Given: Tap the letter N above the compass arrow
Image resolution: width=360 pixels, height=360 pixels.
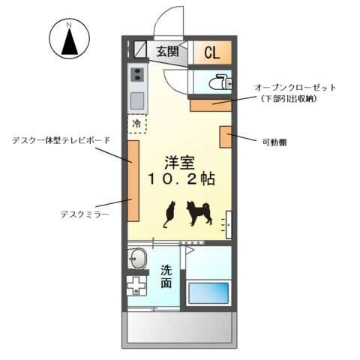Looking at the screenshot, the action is tap(69, 25).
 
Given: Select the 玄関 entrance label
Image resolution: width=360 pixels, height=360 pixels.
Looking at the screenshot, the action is tap(168, 52).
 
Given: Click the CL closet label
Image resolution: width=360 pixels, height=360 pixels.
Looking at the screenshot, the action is tap(212, 52).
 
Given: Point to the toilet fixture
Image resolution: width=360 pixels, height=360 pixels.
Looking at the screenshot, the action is tap(220, 82).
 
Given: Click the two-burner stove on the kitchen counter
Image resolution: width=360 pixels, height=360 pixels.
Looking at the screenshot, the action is tap(137, 74).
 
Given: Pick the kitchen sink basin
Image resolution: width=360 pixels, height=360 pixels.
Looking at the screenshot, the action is tap(137, 100).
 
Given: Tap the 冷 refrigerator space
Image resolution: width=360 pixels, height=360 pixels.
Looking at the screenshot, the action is tap(137, 124).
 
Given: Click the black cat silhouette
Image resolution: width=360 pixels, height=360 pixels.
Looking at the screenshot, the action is tap(169, 214).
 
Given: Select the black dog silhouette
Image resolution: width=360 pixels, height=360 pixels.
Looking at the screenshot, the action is tap(199, 213).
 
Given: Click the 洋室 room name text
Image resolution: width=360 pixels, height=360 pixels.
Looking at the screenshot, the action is tap(179, 163).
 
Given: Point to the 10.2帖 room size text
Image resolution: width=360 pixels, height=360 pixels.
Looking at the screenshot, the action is tap(181, 179).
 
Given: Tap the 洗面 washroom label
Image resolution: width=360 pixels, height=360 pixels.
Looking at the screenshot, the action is tap(166, 276).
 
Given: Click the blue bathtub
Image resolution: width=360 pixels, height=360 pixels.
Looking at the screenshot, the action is tap(208, 293).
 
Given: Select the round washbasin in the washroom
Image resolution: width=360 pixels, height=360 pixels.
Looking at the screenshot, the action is tap(136, 259).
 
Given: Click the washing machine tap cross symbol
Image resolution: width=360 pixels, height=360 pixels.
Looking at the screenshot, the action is tap(136, 286).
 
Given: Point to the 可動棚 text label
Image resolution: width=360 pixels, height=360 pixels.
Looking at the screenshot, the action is tap(274, 142).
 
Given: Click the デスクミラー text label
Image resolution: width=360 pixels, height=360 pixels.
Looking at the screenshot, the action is tap(85, 214).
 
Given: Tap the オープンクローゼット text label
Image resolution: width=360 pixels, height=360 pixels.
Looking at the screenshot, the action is tap(295, 88).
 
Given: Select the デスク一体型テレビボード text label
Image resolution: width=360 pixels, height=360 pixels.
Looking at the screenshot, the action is tap(61, 140).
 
